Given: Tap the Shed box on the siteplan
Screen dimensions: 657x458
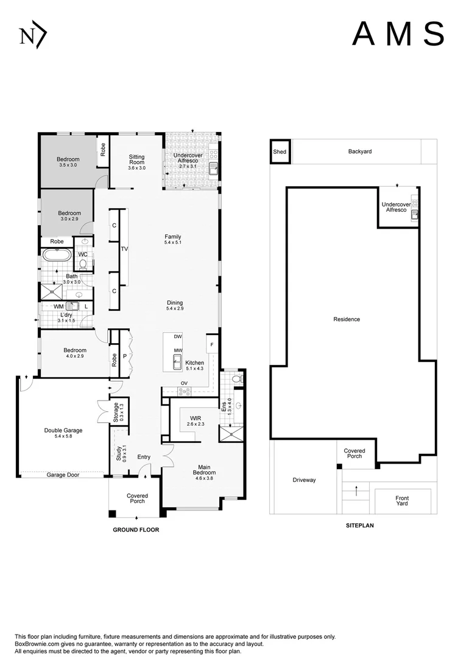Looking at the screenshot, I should pyautogui.click(x=280, y=151).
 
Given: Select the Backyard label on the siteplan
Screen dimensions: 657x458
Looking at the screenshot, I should pyautogui.click(x=359, y=151).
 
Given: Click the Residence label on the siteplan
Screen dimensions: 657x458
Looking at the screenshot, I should pyautogui.click(x=347, y=319).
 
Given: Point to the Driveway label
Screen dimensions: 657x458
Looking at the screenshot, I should pyautogui.click(x=304, y=480).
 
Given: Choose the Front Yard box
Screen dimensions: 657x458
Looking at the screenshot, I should pyautogui.click(x=402, y=501).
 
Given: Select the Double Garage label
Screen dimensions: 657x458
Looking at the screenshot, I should pyautogui.click(x=63, y=433).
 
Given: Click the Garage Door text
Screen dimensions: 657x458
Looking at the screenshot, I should pyautogui.click(x=63, y=474).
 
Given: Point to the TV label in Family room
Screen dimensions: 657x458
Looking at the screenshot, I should pyautogui.click(x=124, y=249).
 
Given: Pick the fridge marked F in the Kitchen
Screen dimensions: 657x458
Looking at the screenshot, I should pyautogui.click(x=212, y=344).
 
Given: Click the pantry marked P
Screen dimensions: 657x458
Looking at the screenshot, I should pyautogui.click(x=125, y=356).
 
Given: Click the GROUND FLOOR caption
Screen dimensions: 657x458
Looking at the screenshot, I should pyautogui.click(x=136, y=530).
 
